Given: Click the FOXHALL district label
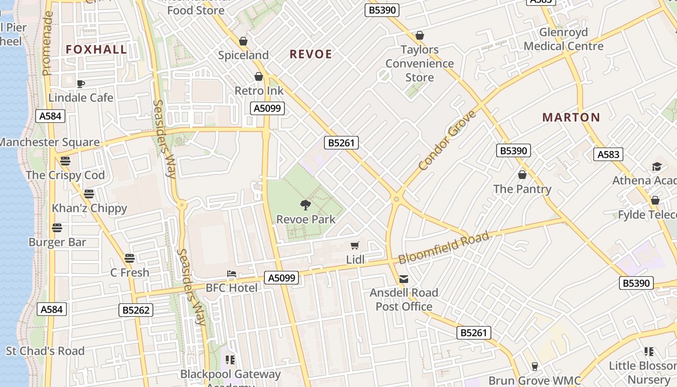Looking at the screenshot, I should click(96, 49).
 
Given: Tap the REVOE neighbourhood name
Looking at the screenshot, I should click(311, 54).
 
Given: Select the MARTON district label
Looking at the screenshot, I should click(571, 117).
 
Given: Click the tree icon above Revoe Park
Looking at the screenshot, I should click(305, 205).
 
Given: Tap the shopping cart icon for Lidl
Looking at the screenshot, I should click(355, 246).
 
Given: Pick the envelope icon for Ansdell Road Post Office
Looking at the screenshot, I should click(404, 279).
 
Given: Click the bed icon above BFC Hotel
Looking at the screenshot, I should click(232, 274).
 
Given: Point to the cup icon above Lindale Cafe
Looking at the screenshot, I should click(81, 84).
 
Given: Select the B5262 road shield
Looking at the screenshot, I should click(136, 310).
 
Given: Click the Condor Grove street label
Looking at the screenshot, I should click(447, 140).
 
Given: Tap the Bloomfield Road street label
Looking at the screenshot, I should click(443, 248).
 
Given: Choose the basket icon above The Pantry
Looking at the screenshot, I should click(522, 175).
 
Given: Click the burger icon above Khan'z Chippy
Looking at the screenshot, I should click(89, 194).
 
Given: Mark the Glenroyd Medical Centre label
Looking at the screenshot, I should click(563, 39).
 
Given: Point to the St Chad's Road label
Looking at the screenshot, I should click(45, 351).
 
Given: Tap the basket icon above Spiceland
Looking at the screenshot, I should click(243, 42).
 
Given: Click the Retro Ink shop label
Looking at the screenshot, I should click(259, 90).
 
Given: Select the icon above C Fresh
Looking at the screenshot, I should click(129, 258).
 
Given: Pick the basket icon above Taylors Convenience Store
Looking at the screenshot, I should click(420, 36).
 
